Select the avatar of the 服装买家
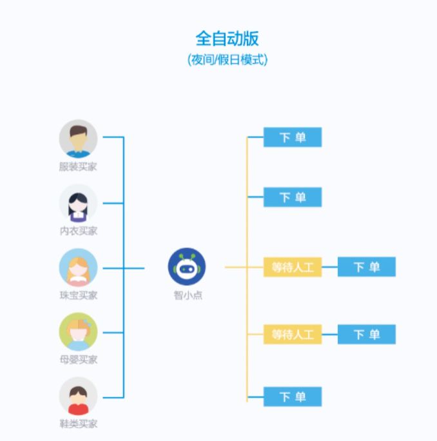pyautogui.click(x=78, y=139)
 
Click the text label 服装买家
pyautogui.click(x=78, y=166)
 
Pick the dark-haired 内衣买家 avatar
pyautogui.click(x=78, y=203)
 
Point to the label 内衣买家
pyautogui.click(x=78, y=231)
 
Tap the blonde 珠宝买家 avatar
pyautogui.click(x=78, y=268)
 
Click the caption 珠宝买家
pyautogui.click(x=78, y=295)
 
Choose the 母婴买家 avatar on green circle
pyautogui.click(x=78, y=331)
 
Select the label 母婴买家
pyautogui.click(x=78, y=359)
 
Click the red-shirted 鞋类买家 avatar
pyautogui.click(x=78, y=396)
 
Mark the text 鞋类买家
pyautogui.click(x=78, y=424)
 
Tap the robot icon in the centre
pyautogui.click(x=187, y=267)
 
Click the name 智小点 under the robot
pyautogui.click(x=187, y=295)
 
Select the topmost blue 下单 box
pyautogui.click(x=292, y=137)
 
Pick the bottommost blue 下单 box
pyautogui.click(x=292, y=397)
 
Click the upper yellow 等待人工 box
pyautogui.click(x=292, y=267)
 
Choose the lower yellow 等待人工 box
pyautogui.click(x=292, y=334)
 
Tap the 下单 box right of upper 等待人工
pyautogui.click(x=366, y=267)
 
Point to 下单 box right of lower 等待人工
pyautogui.click(x=366, y=334)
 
